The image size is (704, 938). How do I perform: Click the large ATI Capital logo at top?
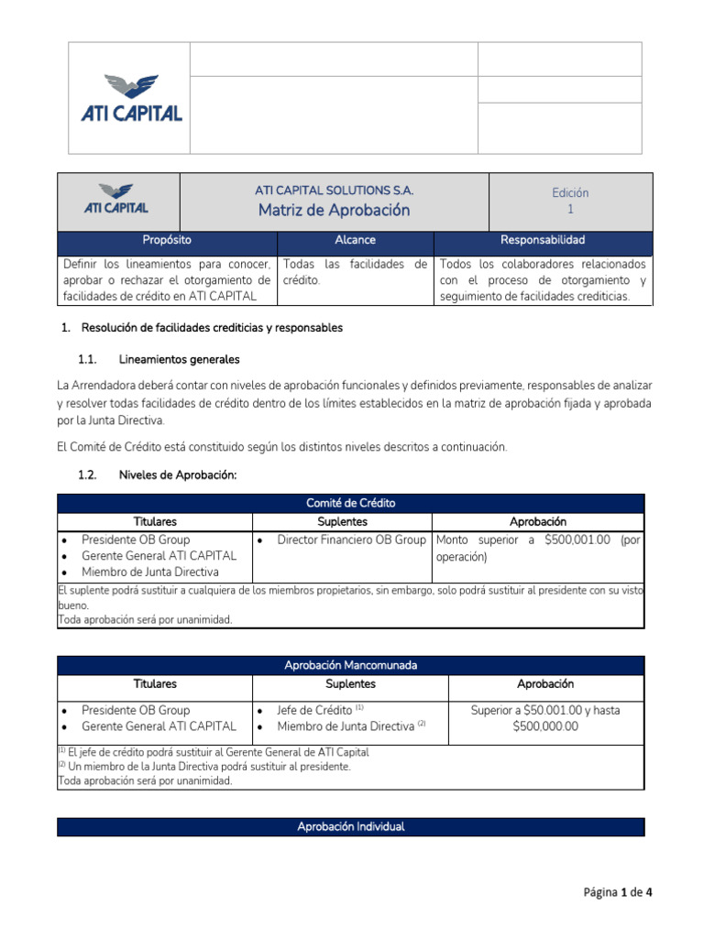tap(129, 99)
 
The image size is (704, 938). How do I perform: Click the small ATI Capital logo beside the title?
tap(116, 200)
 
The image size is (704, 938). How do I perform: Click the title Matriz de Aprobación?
tap(334, 211)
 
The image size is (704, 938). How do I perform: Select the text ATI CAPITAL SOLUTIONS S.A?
tap(334, 191)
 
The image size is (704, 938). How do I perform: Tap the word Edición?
tap(570, 192)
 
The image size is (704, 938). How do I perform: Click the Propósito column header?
tap(167, 240)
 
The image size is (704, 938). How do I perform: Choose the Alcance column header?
tap(355, 240)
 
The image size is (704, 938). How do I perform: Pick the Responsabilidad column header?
tap(542, 240)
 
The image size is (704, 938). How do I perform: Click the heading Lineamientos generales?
tap(179, 359)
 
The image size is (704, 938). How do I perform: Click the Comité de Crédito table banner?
tap(352, 503)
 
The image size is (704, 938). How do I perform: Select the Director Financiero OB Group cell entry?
tap(351, 540)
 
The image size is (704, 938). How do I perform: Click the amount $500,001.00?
tap(577, 540)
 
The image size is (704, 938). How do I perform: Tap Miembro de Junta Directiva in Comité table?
tap(149, 573)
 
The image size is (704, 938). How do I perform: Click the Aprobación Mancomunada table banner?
tap(352, 665)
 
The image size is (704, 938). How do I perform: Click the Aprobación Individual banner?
tap(352, 827)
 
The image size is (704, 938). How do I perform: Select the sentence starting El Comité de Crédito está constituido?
tap(281, 446)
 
